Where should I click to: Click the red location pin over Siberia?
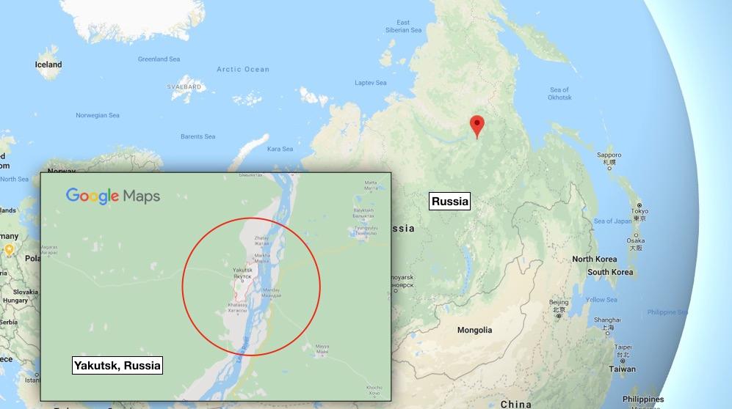pyautogui.click(x=477, y=125)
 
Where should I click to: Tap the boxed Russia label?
pyautogui.click(x=449, y=202)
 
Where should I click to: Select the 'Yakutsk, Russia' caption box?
pyautogui.click(x=117, y=365)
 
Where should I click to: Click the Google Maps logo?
pyautogui.click(x=112, y=196)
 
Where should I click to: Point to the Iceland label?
pyautogui.click(x=48, y=65)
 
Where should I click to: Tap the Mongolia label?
pyautogui.click(x=474, y=330)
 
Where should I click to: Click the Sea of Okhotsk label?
pyautogui.click(x=559, y=94)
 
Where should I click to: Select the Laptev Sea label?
pyautogui.click(x=370, y=83)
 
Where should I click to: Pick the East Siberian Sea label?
pyautogui.click(x=403, y=26)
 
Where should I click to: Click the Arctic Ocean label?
pyautogui.click(x=243, y=70)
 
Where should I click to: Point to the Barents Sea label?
pyautogui.click(x=198, y=136)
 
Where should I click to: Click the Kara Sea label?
pyautogui.click(x=280, y=149)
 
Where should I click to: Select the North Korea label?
pyautogui.click(x=594, y=259)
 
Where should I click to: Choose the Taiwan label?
pyautogui.click(x=623, y=369)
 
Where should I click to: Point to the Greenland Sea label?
pyautogui.click(x=159, y=59)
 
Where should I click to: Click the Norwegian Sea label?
pyautogui.click(x=97, y=115)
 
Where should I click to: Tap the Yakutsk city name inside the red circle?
pyautogui.click(x=242, y=270)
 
